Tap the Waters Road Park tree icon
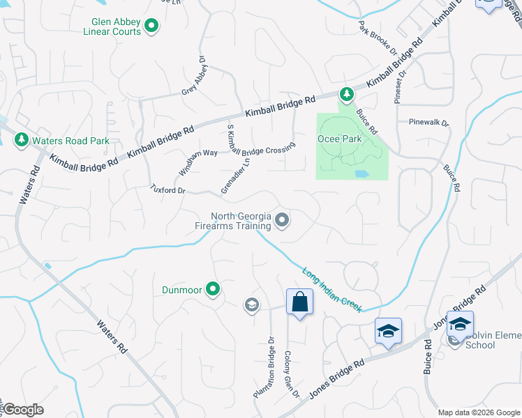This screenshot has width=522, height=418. pos(22,140)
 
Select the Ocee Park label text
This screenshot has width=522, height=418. pos(341,139)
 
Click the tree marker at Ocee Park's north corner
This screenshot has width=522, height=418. pos(345,93)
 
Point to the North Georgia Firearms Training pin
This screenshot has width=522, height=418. pos(283,221)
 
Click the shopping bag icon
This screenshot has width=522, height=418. pos(299,302)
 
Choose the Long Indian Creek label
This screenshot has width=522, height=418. pos(331,288)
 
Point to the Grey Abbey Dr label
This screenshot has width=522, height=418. pos(195,79)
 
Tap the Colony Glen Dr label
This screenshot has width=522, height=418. pos(292,374)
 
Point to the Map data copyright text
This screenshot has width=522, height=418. pos(479,412)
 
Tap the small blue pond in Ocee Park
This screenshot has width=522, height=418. pos(361,173)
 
